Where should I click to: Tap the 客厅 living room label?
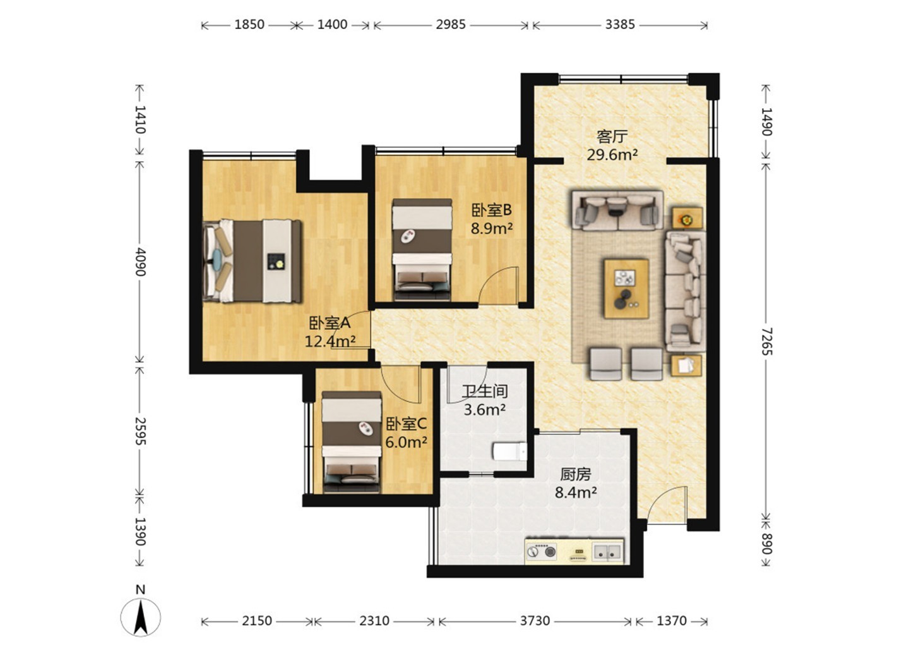(x=612, y=137)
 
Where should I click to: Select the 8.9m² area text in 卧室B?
(x=491, y=228)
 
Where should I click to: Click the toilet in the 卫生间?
(x=509, y=451)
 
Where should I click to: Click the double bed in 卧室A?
(x=252, y=261)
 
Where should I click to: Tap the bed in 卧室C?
(x=352, y=442)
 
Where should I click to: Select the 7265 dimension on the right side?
(x=766, y=341)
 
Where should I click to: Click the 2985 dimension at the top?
(x=451, y=25)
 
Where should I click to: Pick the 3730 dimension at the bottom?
(x=535, y=621)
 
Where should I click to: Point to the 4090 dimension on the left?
(x=140, y=261)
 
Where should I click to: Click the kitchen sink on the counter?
(x=607, y=552)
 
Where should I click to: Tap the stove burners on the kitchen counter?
(x=542, y=551)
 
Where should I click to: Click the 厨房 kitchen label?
(x=576, y=474)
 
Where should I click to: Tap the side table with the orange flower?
(x=686, y=219)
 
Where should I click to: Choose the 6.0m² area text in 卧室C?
(x=406, y=442)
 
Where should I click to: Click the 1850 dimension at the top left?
(x=249, y=25)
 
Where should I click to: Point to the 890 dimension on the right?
(x=766, y=544)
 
